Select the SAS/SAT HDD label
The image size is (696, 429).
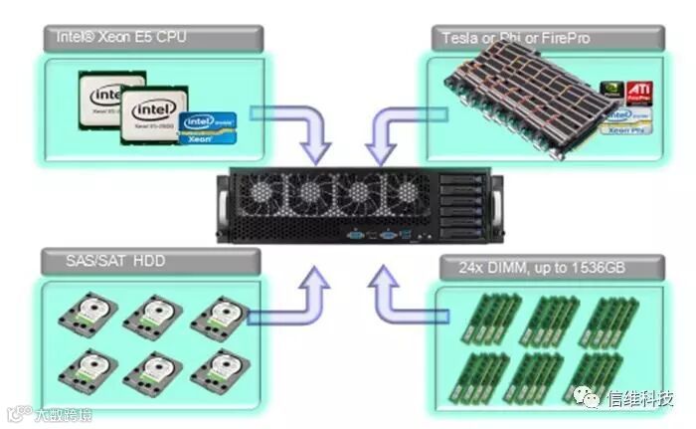click(x=103, y=262)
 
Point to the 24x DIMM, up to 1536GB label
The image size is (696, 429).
click(x=536, y=266)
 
